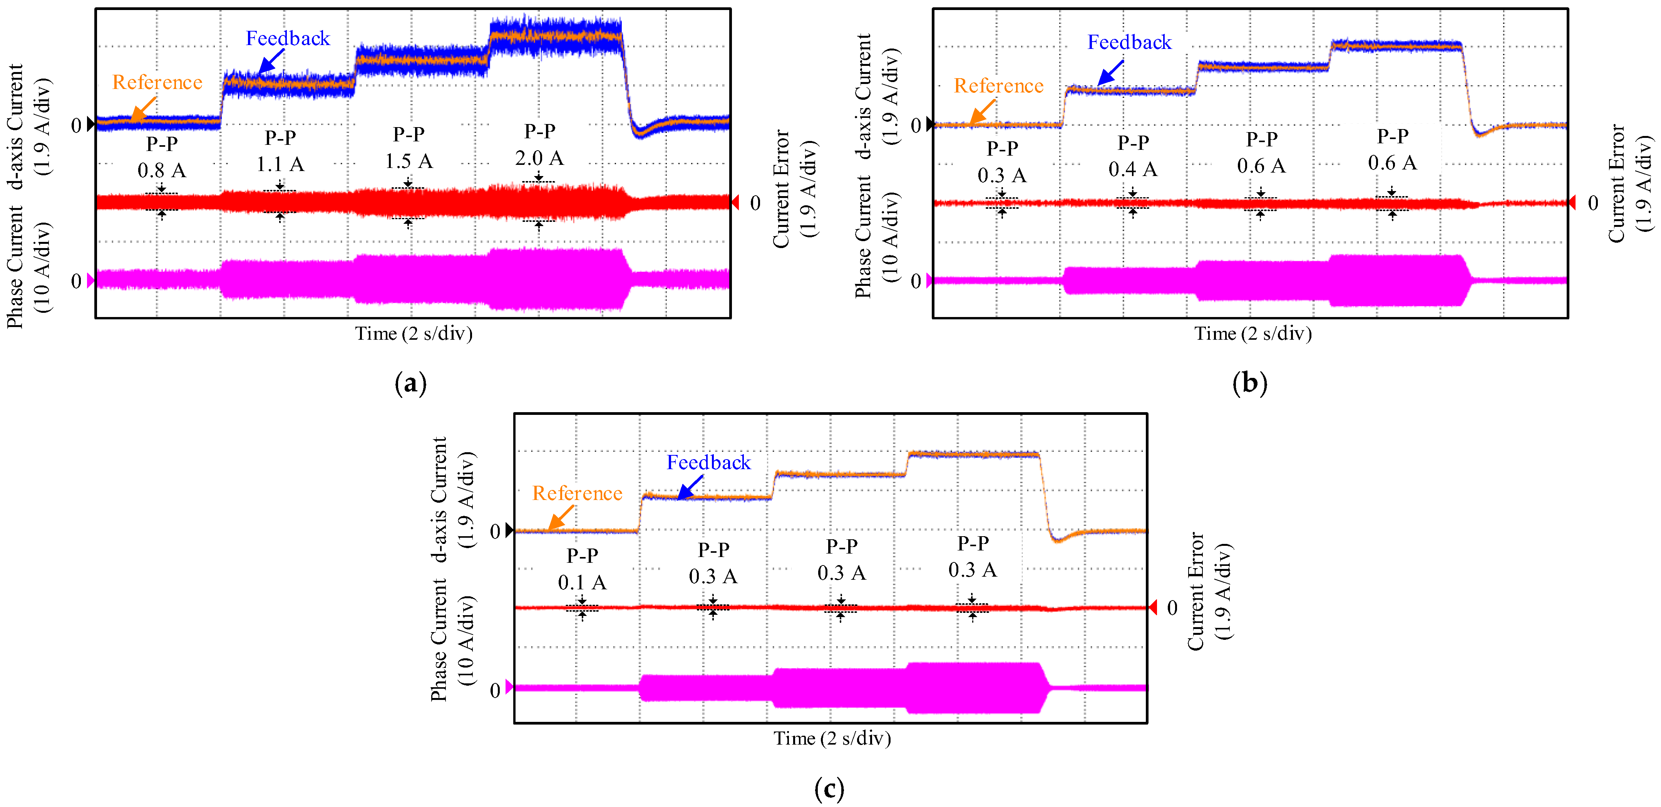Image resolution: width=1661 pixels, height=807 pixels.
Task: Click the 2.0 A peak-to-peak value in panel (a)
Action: point(539,158)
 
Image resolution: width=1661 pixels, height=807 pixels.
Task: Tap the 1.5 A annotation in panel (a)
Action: point(409,161)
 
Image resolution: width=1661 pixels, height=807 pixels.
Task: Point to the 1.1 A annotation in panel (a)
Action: point(280,164)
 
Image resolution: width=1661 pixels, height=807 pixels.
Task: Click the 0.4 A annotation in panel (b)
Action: point(1132,169)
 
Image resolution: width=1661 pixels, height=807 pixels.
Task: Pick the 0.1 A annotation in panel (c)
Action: point(582,582)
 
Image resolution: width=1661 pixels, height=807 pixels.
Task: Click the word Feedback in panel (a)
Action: point(288,39)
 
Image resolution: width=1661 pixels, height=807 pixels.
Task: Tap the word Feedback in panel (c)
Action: point(708,463)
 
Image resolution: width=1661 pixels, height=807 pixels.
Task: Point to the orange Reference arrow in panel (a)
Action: point(143,108)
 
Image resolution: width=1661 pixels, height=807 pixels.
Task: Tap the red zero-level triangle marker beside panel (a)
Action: point(735,203)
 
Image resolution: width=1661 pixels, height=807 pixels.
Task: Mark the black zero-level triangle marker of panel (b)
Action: point(929,124)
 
